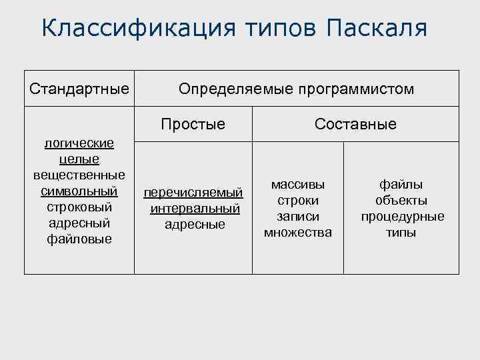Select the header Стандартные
pyautogui.click(x=79, y=89)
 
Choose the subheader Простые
pyautogui.click(x=193, y=124)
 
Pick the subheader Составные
pyautogui.click(x=355, y=124)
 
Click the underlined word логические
pyautogui.click(x=79, y=143)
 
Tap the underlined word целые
pyautogui.click(x=79, y=159)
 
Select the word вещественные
pyautogui.click(x=79, y=175)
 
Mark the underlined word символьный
pyautogui.click(x=79, y=191)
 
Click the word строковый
pyautogui.click(x=79, y=207)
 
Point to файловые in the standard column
pyautogui.click(x=79, y=239)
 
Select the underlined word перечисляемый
pyautogui.click(x=193, y=193)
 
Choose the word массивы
pyautogui.click(x=298, y=185)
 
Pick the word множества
pyautogui.click(x=298, y=233)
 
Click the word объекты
pyautogui.click(x=401, y=201)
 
